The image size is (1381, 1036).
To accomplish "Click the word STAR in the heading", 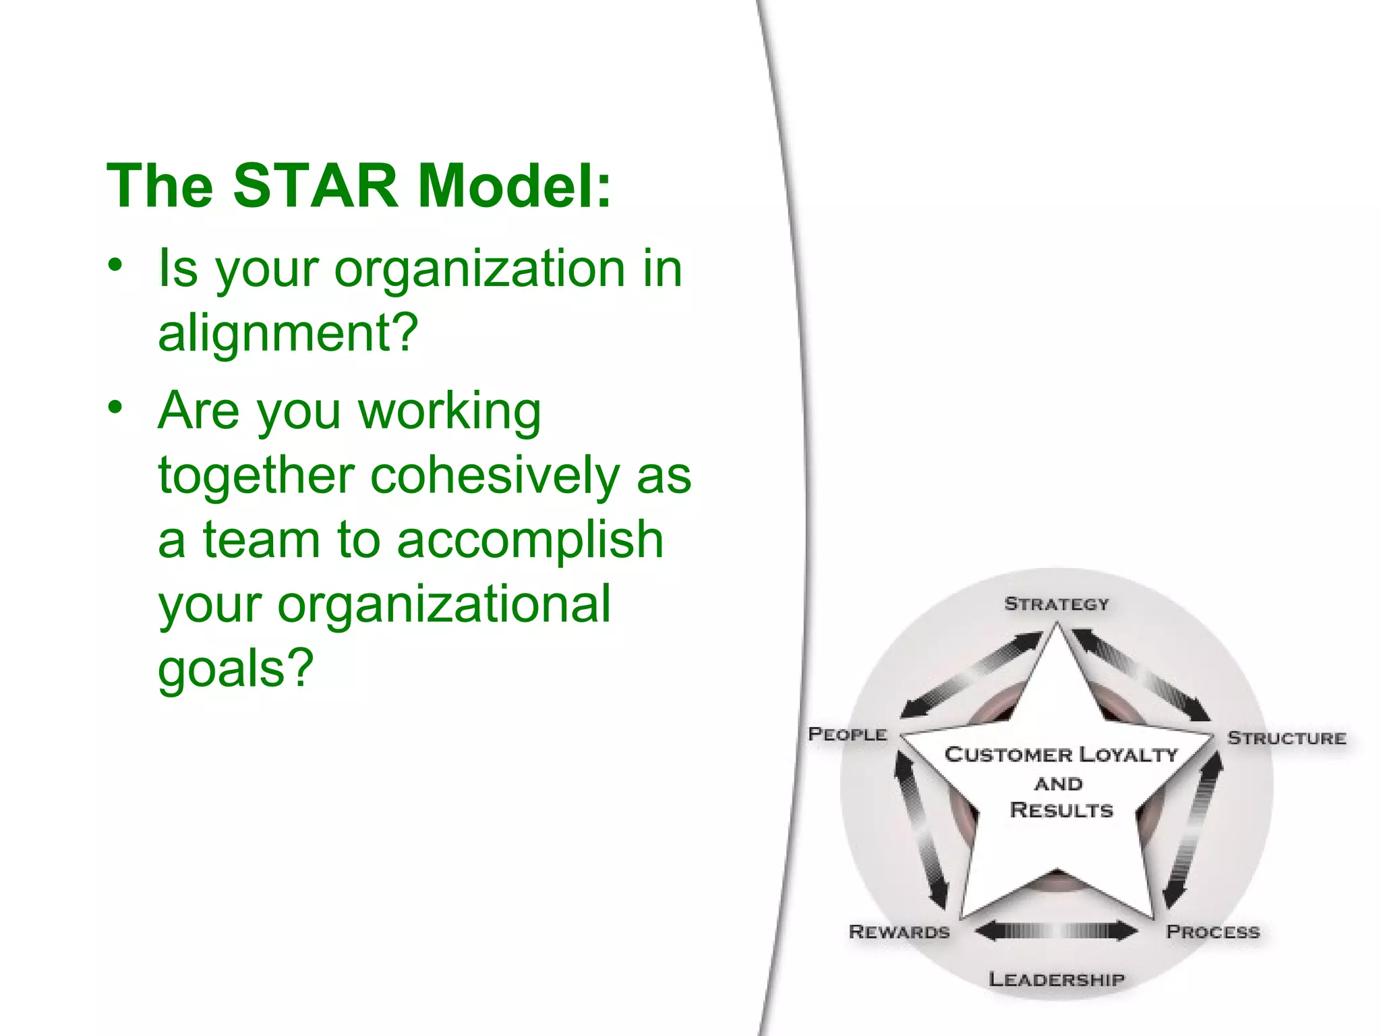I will [316, 186].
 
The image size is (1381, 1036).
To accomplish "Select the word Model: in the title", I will [515, 186].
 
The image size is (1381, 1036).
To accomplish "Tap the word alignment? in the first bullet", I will [289, 333].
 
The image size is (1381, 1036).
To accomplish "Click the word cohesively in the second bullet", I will [494, 476].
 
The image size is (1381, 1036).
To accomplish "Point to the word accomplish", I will [530, 540].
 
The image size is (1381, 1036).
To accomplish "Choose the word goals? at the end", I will [236, 668].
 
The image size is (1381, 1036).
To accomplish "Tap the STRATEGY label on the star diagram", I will [1056, 604].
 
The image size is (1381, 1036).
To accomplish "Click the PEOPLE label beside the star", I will [848, 734].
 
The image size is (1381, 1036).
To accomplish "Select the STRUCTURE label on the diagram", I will [1287, 738].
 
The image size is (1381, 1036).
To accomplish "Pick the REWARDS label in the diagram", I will [899, 932].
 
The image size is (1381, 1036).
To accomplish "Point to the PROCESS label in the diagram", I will [1213, 932].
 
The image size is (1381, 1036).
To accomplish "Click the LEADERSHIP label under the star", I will [1057, 979].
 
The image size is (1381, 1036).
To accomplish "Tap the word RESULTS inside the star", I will [1061, 810].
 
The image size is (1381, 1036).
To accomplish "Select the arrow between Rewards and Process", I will [1057, 931].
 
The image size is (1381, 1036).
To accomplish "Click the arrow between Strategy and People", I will [971, 674].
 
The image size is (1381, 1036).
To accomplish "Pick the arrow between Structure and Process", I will [1194, 830].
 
